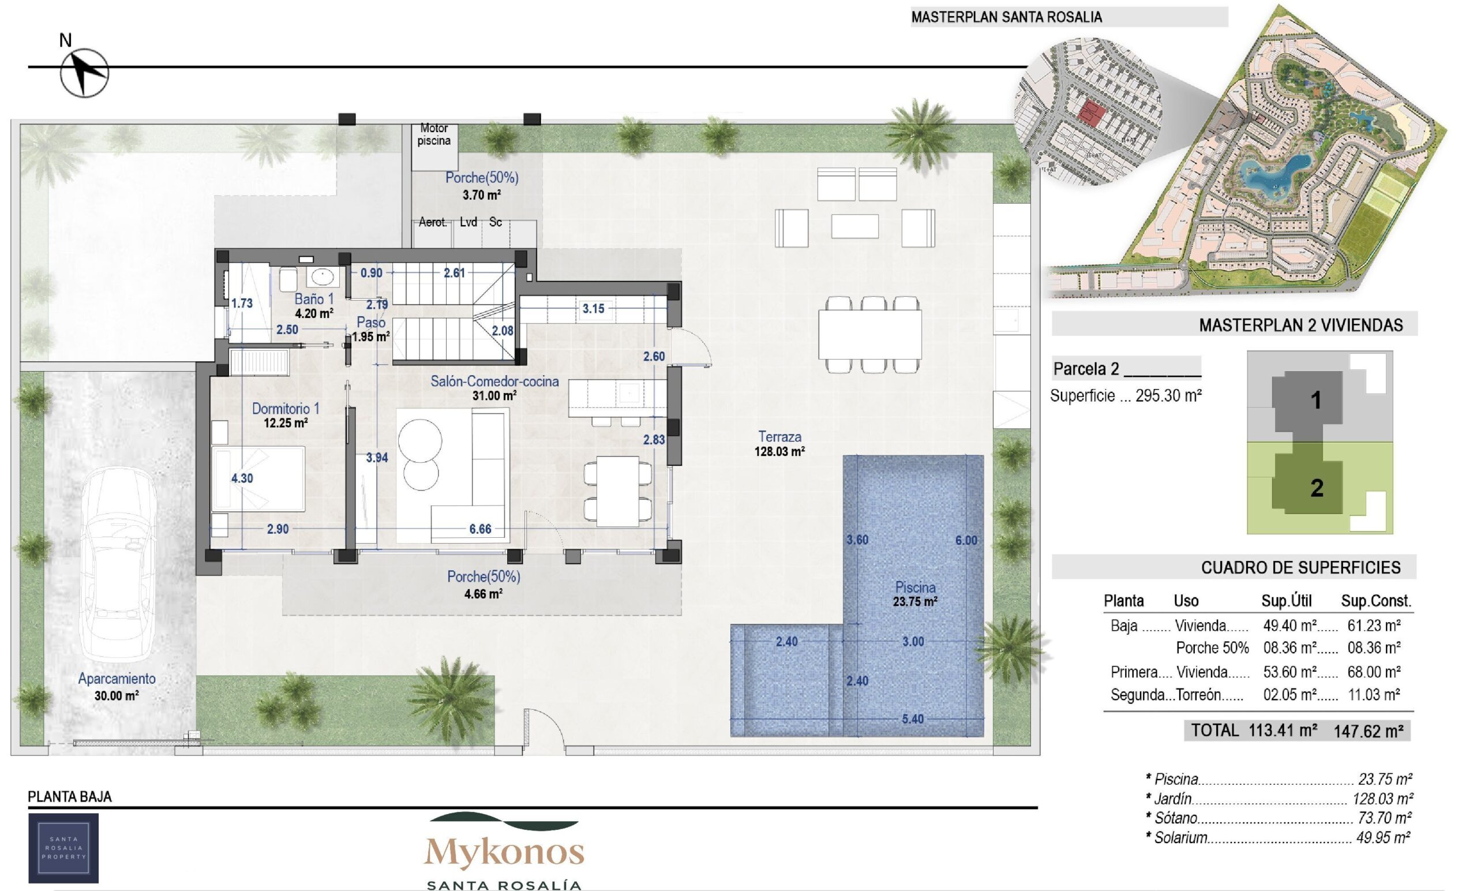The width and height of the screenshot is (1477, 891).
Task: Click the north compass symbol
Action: coord(84,73)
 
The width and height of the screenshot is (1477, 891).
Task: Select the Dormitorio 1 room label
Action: coord(286,409)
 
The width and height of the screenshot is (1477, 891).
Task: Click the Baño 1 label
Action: coord(313,298)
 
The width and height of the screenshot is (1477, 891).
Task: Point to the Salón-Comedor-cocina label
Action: coord(494,381)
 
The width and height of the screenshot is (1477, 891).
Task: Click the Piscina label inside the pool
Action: coord(914,587)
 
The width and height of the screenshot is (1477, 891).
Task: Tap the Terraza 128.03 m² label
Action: coord(779,444)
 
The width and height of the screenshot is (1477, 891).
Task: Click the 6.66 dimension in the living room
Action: coord(480,529)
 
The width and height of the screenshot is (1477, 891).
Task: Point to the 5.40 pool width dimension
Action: coord(912,719)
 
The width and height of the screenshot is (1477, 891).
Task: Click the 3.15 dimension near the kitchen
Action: coord(594,309)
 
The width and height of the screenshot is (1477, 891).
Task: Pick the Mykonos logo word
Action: coord(504,852)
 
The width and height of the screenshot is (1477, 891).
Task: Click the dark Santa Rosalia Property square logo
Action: coord(63,848)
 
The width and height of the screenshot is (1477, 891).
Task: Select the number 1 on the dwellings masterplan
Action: coord(1316,400)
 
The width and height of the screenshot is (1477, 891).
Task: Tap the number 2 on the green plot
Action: coord(1317,488)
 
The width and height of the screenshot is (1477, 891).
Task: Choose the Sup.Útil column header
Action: coord(1287,601)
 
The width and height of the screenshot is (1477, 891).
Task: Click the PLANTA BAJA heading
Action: coord(70,797)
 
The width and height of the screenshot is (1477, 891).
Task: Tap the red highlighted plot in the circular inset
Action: coord(1091,114)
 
